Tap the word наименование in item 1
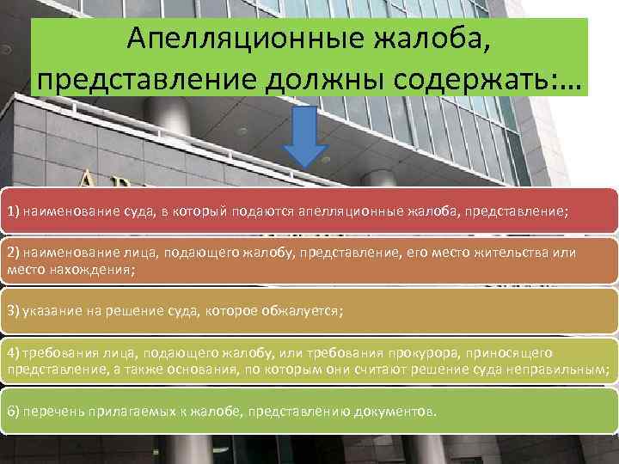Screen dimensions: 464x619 [68, 211]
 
